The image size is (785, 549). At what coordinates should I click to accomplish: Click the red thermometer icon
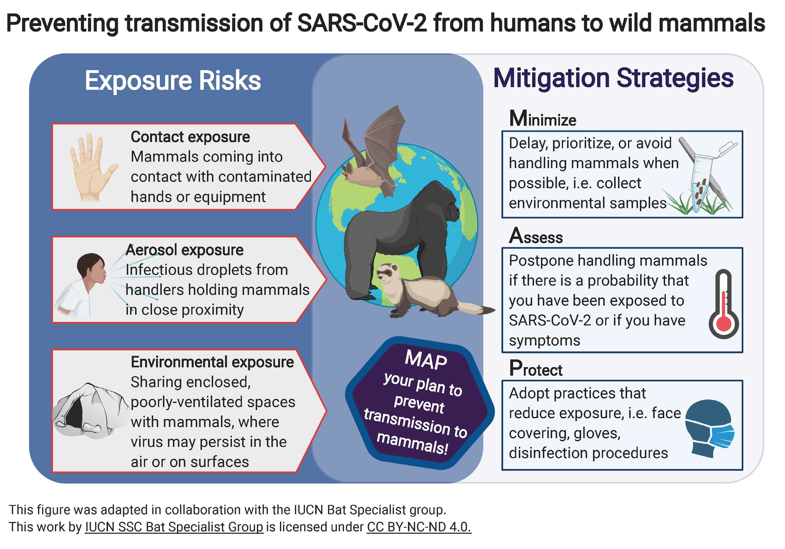[723, 304]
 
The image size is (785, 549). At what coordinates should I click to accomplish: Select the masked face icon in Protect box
[710, 428]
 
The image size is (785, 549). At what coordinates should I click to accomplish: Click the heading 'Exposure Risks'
[173, 80]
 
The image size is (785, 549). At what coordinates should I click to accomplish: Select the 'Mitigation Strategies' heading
[613, 78]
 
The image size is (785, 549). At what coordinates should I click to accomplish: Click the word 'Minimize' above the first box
[542, 119]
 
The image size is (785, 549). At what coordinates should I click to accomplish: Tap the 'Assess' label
[536, 236]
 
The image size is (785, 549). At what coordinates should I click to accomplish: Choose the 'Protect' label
[535, 368]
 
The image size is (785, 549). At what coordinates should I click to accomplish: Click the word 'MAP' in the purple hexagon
[426, 359]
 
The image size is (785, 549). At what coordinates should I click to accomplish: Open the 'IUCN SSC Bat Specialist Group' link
[174, 527]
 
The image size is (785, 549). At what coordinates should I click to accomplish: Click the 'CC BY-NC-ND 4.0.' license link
[419, 527]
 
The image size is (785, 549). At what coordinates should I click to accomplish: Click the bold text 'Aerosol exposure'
[185, 250]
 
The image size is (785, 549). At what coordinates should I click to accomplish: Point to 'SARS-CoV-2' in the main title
[362, 23]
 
